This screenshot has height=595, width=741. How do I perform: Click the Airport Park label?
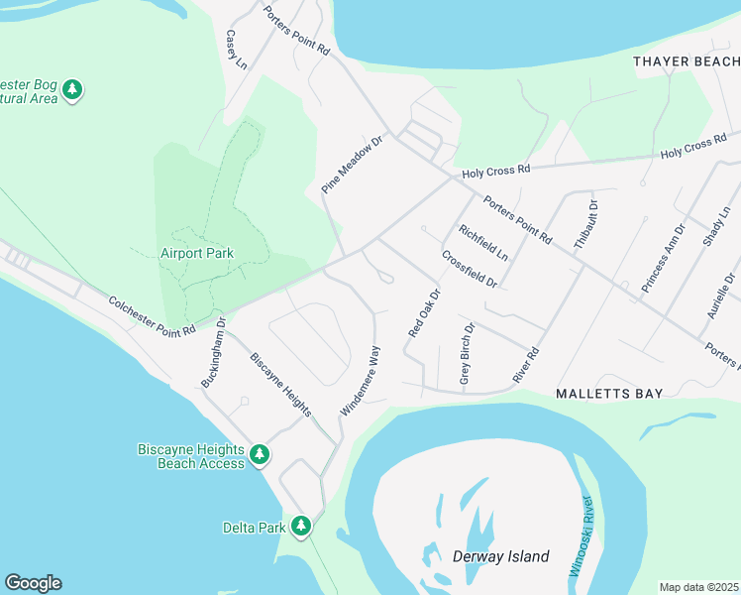pos(197,253)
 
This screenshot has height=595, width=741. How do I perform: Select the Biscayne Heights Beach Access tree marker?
pos(260,455)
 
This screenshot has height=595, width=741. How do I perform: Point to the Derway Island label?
pos(501,556)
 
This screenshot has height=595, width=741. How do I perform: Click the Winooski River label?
pos(582,536)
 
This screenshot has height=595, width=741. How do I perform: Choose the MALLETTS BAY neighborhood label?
pos(608,394)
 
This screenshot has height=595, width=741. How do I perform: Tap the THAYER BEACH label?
pos(687,61)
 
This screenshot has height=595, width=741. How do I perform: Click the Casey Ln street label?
pos(236,50)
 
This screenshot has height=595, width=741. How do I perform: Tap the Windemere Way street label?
pos(361,380)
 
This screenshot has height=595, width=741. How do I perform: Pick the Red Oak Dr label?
pos(423,313)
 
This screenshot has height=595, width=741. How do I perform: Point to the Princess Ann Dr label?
pos(662,262)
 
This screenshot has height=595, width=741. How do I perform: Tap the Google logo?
pos(33,583)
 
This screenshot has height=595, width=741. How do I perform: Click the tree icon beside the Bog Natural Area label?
pos(72,90)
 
